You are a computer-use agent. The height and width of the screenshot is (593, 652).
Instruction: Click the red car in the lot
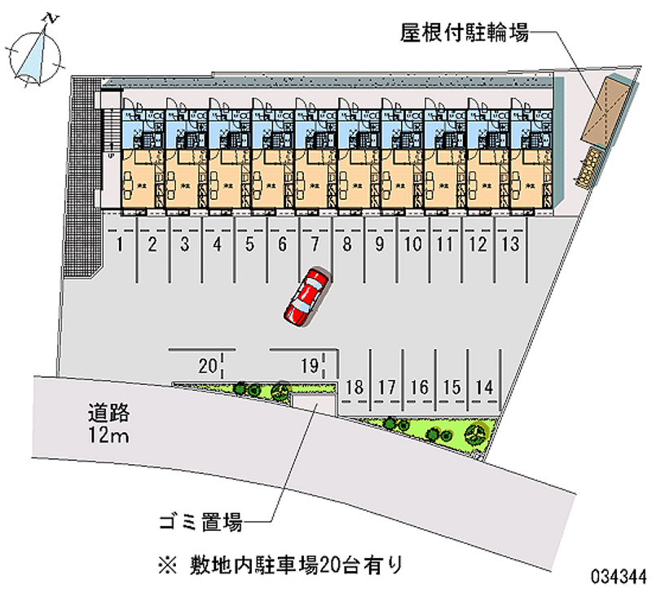click(306, 297)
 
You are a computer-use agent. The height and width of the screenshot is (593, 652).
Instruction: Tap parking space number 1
click(120, 243)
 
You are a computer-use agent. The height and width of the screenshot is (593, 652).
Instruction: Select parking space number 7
click(315, 243)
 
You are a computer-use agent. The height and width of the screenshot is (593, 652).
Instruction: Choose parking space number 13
click(511, 243)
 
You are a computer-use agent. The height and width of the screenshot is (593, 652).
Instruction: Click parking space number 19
click(308, 365)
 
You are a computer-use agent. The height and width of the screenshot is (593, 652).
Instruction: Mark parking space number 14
click(485, 387)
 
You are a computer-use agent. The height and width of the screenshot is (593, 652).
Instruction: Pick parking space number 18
click(354, 387)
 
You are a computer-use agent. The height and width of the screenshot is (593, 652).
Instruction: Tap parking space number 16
click(420, 387)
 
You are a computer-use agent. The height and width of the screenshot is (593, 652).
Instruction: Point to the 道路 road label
click(108, 413)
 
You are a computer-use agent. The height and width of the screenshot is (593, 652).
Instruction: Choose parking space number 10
click(412, 243)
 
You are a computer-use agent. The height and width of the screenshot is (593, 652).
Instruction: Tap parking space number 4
click(218, 243)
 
